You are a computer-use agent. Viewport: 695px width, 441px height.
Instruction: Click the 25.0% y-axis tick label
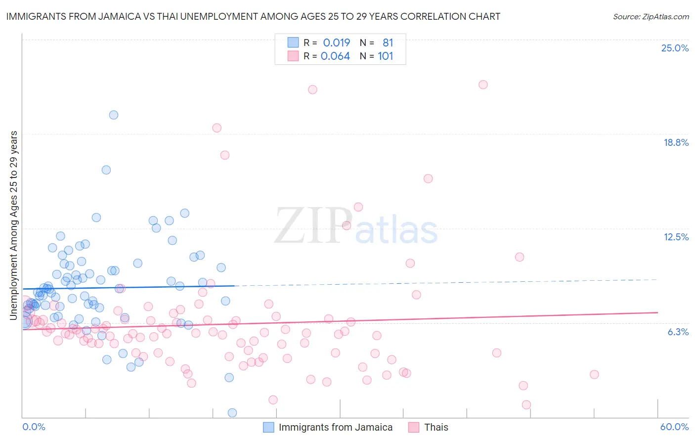[x=675, y=48]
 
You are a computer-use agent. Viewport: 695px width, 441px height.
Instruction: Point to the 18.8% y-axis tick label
[x=676, y=142]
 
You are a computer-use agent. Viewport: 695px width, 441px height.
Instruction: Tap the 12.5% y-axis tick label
[x=676, y=237]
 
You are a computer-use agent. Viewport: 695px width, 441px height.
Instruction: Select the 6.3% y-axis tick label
[x=678, y=332]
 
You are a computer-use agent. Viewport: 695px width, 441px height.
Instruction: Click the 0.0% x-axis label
[x=34, y=427]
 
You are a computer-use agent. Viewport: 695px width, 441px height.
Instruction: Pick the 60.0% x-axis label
[x=674, y=427]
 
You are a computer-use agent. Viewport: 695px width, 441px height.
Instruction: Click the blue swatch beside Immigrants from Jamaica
[x=268, y=427]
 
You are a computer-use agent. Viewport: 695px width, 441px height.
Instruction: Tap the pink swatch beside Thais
[x=414, y=427]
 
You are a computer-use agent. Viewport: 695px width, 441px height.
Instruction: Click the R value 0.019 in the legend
[x=336, y=43]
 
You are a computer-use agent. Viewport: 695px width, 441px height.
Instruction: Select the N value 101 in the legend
[x=386, y=56]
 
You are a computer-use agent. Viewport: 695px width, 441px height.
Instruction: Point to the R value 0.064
[x=335, y=56]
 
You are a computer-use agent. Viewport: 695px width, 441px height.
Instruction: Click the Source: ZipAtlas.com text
[x=651, y=16]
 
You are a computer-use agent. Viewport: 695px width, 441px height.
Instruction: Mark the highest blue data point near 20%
[x=114, y=115]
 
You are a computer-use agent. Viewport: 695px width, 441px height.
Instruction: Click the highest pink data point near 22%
[x=483, y=85]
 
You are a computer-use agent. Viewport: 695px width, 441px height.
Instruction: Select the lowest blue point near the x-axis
[x=232, y=413]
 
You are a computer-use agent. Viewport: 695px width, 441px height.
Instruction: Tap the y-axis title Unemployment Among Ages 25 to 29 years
[x=14, y=225]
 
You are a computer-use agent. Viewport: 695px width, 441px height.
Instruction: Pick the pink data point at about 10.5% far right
[x=520, y=257]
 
